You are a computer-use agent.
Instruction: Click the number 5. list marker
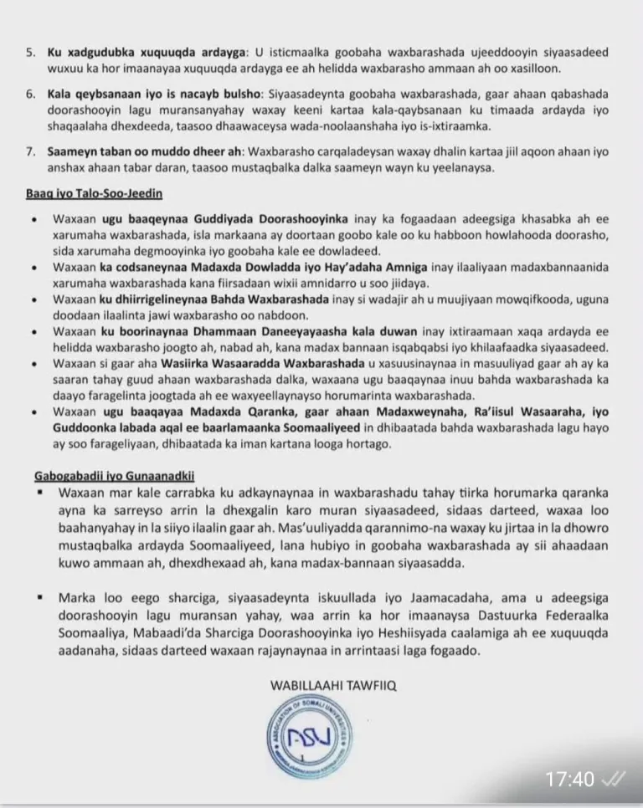click(x=30, y=52)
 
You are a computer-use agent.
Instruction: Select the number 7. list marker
click(x=30, y=153)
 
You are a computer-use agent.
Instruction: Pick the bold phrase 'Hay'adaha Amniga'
click(x=380, y=266)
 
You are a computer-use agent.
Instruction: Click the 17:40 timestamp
click(x=569, y=780)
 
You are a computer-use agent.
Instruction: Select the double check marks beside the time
click(x=613, y=780)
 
